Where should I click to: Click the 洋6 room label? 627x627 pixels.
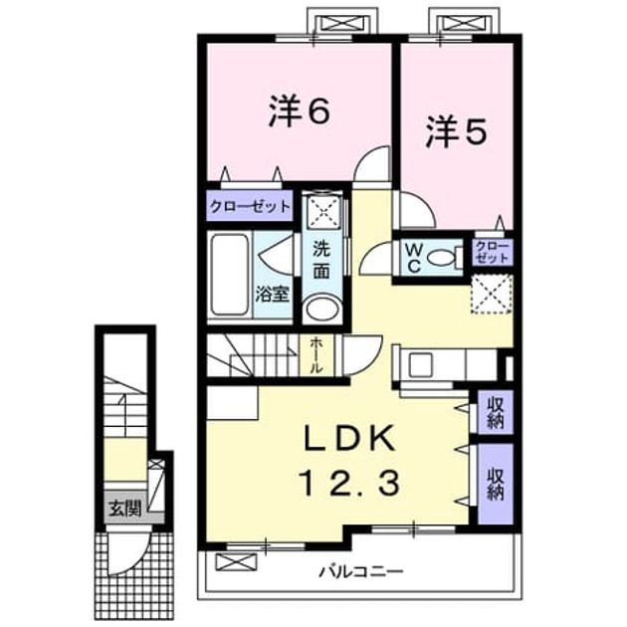tap(300, 110)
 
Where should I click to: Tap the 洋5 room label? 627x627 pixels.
tap(456, 130)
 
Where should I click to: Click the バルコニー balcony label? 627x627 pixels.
tap(360, 572)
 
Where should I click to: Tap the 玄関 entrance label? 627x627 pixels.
tap(125, 510)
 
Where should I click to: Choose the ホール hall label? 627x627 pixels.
tap(317, 355)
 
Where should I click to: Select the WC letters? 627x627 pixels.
tap(414, 258)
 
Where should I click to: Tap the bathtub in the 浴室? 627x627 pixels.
tap(230, 275)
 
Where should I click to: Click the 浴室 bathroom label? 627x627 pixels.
tap(272, 296)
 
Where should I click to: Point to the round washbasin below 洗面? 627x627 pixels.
tap(321, 309)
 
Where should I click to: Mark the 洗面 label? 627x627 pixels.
tap(321, 260)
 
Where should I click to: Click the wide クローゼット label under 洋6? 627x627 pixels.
tap(250, 207)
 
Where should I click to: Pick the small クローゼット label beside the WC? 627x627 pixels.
tap(493, 252)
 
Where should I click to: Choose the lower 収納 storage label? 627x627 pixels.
tap(495, 484)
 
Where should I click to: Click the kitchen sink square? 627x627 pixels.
tap(419, 365)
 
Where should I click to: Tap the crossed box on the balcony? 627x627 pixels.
tap(236, 561)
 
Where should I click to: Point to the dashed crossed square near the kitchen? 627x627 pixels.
tap(492, 294)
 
